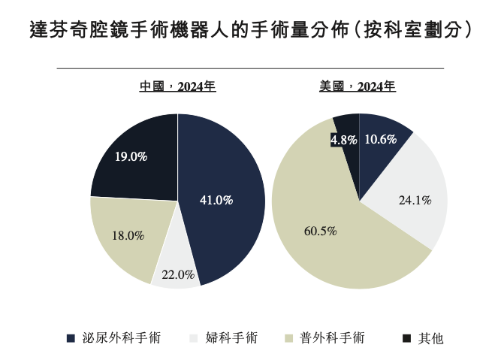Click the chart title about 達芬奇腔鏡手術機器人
[249, 31]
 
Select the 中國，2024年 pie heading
[178, 86]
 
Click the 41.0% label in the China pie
[216, 200]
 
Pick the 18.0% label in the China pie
[128, 235]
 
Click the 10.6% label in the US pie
[380, 139]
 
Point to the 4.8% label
[343, 140]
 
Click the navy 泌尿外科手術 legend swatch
[71, 338]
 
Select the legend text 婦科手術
[231, 338]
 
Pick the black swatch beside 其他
[406, 338]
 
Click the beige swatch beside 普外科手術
[291, 338]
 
